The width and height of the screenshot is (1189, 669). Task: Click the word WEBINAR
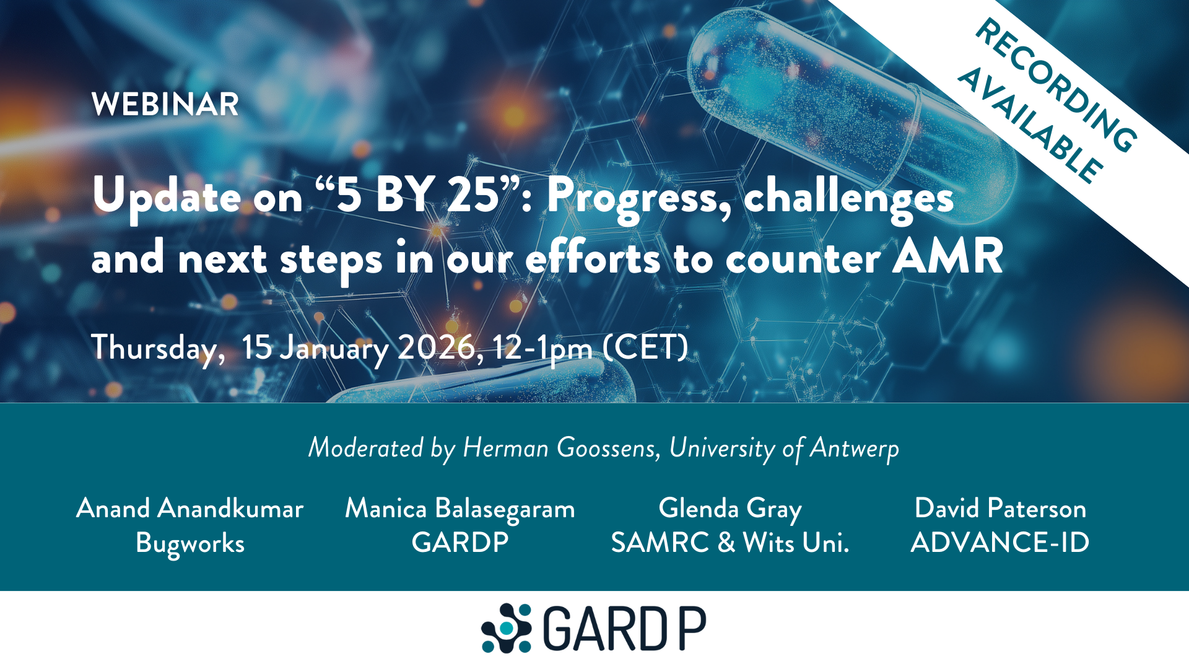pyautogui.click(x=165, y=104)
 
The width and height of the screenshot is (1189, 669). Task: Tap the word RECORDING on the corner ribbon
pyautogui.click(x=1056, y=85)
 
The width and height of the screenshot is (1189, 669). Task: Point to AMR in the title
pyautogui.click(x=947, y=256)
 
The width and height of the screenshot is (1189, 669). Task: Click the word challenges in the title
pyautogui.click(x=848, y=197)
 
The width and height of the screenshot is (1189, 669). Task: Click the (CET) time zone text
pyautogui.click(x=645, y=348)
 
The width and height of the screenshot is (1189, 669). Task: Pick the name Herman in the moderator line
pyautogui.click(x=505, y=448)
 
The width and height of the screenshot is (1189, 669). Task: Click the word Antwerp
pyautogui.click(x=855, y=448)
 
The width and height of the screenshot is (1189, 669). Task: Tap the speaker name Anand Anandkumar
pyautogui.click(x=190, y=509)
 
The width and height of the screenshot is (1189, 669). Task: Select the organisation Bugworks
pyautogui.click(x=190, y=543)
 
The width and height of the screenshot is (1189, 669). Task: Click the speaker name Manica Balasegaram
pyautogui.click(x=460, y=509)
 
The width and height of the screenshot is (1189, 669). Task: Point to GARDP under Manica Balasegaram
pyautogui.click(x=460, y=543)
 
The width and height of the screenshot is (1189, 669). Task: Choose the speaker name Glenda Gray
pyautogui.click(x=730, y=509)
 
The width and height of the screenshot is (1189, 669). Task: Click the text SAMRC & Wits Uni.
pyautogui.click(x=730, y=543)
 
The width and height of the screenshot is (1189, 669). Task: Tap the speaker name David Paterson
pyautogui.click(x=1000, y=509)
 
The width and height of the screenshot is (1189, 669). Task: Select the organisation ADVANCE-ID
pyautogui.click(x=1000, y=543)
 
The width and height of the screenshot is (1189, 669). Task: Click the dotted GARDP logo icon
pyautogui.click(x=507, y=628)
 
